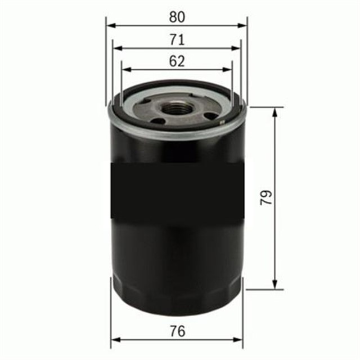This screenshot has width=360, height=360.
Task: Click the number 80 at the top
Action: pyautogui.click(x=177, y=17)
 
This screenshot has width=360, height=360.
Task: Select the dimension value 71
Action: pyautogui.click(x=177, y=40)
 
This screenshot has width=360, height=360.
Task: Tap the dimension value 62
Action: pyautogui.click(x=177, y=61)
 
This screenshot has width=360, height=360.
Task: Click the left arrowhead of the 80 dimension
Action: pyautogui.click(x=110, y=26)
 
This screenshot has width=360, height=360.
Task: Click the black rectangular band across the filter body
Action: pyautogui.click(x=177, y=191)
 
